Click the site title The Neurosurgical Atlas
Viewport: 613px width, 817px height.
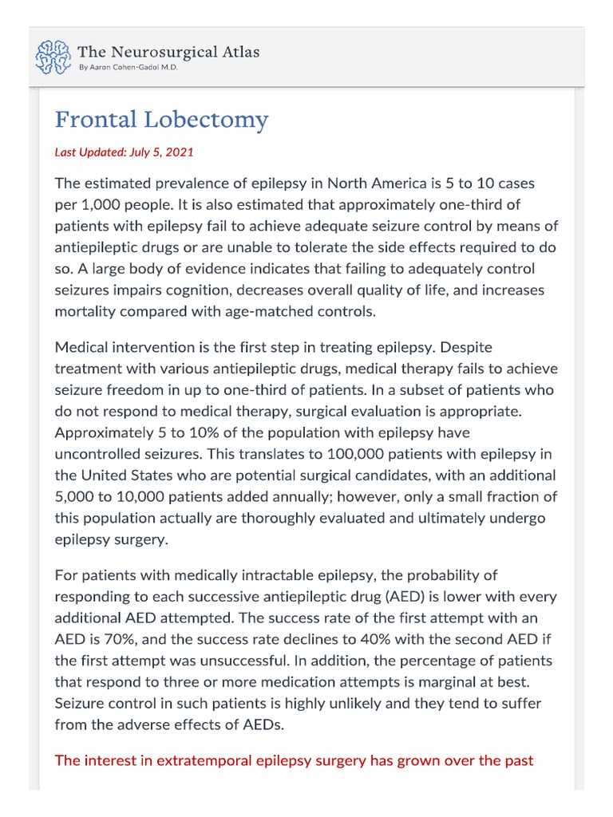pyautogui.click(x=168, y=52)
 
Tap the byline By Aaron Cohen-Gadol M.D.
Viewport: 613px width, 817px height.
pyautogui.click(x=128, y=68)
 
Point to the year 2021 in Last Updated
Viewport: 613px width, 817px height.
pyautogui.click(x=180, y=152)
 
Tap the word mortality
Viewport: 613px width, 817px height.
pyautogui.click(x=86, y=311)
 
